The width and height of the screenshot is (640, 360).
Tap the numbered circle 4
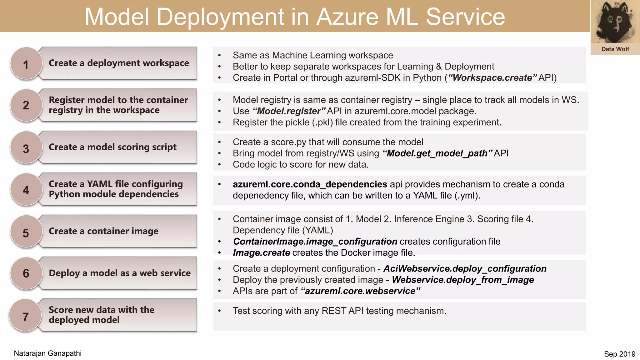pos(26,190)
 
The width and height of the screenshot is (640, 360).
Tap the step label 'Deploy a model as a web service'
pos(120,273)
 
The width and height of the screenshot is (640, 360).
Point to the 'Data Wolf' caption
pos(615,49)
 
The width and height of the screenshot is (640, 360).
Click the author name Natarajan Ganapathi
pos(47,353)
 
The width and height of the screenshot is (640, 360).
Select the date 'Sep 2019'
pos(619,354)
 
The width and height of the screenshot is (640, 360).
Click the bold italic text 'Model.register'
pos(289,111)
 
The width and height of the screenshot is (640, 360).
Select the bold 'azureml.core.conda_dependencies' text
pos(310,184)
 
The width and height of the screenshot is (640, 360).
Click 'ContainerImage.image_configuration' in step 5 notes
pos(315,242)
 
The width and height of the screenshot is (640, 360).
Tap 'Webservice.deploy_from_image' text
pos(462,280)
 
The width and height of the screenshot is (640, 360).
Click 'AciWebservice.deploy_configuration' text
pos(465,269)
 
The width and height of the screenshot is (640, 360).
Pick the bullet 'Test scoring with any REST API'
pos(339,311)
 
